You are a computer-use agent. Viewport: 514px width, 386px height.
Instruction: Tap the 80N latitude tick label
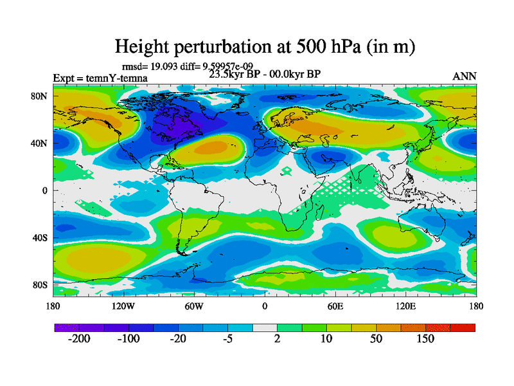(40, 96)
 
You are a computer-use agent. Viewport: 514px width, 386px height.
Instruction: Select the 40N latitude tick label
(40, 143)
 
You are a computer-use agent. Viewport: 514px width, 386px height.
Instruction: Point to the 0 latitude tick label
(45, 190)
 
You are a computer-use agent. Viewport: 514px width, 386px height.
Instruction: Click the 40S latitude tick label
(40, 237)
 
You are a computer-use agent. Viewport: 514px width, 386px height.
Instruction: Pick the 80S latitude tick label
(40, 284)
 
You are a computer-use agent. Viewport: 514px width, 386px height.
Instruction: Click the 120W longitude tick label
(123, 306)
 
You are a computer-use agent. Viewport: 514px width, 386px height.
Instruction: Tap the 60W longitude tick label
(193, 306)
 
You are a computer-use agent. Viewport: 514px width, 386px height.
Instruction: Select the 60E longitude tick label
(335, 306)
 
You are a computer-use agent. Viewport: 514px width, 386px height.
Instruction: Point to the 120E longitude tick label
(405, 306)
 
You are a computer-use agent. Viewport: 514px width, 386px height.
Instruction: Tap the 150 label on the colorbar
(425, 339)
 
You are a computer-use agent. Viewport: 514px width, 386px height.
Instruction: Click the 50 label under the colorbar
(376, 339)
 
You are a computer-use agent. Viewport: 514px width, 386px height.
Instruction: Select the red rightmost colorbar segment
(463, 328)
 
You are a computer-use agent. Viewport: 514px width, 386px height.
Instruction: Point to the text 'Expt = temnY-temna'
(100, 78)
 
